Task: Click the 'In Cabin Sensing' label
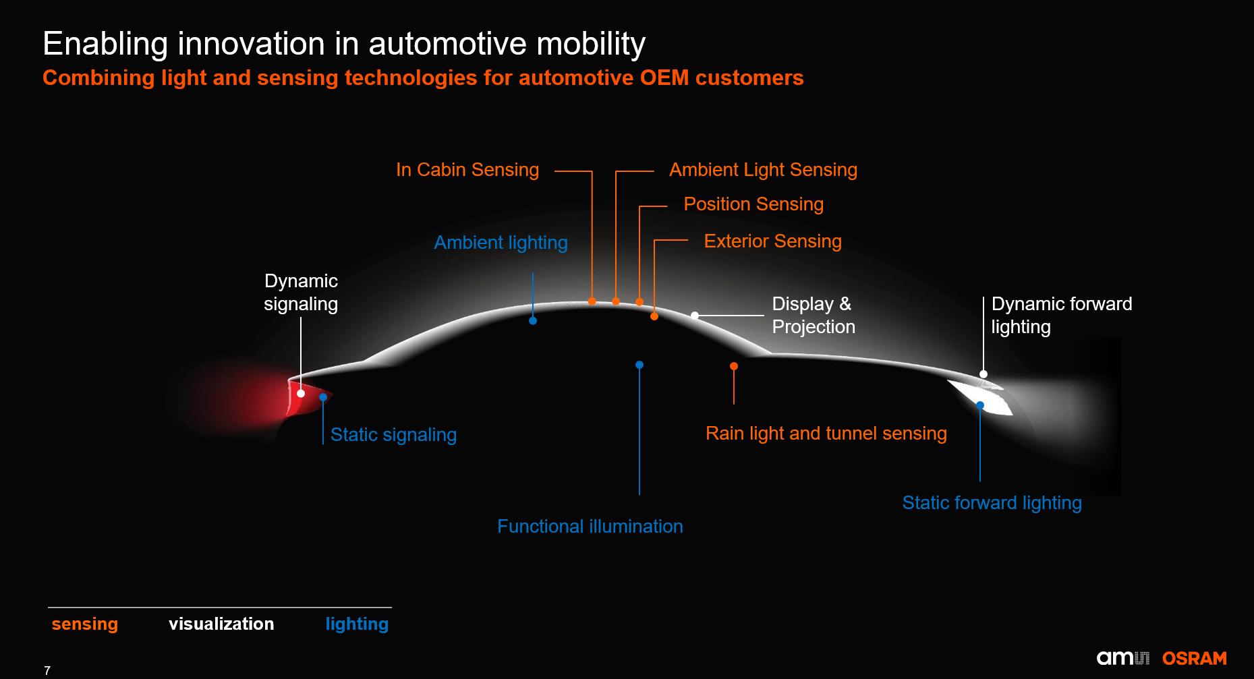click(x=467, y=170)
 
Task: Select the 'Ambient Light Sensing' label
click(x=763, y=170)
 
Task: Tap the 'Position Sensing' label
click(x=753, y=204)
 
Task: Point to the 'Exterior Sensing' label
click(x=772, y=241)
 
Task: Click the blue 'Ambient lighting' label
click(x=501, y=243)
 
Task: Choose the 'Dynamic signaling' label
click(x=301, y=293)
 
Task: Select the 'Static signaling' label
click(x=393, y=435)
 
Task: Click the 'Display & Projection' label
click(x=813, y=316)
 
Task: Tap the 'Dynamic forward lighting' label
click(x=1061, y=316)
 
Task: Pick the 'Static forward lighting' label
click(x=992, y=503)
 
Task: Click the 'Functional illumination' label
click(x=590, y=527)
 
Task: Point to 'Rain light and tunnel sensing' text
click(x=826, y=434)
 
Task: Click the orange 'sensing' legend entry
click(x=85, y=624)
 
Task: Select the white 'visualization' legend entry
click(x=221, y=624)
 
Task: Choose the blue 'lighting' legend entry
click(x=357, y=624)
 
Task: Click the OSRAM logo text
click(x=1194, y=659)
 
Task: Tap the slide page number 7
click(x=47, y=671)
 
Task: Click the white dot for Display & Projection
click(x=695, y=316)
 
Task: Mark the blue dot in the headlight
click(x=980, y=405)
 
